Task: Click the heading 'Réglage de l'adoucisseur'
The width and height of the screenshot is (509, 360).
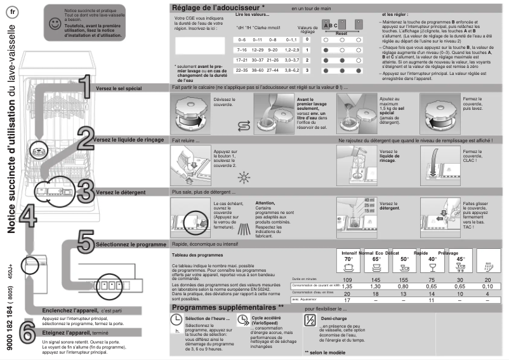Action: point(218,8)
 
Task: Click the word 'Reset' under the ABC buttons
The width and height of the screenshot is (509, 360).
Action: point(341,32)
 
